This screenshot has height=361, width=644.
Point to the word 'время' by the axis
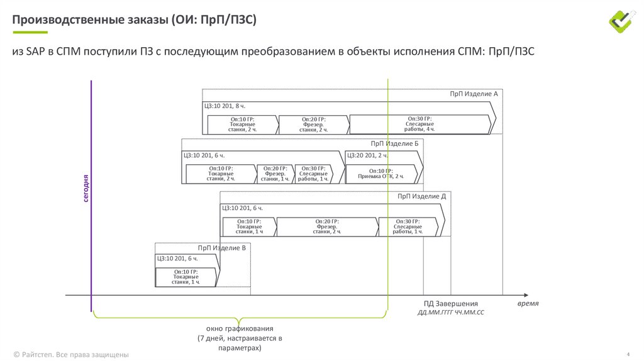(x=528, y=303)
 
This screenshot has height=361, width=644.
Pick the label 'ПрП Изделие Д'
(x=421, y=197)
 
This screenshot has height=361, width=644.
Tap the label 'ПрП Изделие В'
(x=221, y=248)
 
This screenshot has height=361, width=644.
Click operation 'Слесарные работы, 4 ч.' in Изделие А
(x=419, y=124)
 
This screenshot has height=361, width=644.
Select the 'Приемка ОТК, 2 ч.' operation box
(x=380, y=174)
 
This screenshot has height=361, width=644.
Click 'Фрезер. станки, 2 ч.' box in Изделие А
(x=313, y=124)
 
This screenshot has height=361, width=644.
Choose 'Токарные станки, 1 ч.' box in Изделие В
(x=185, y=277)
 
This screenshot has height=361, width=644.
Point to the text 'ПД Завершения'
(x=450, y=304)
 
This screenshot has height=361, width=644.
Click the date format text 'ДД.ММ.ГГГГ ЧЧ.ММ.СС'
(x=450, y=313)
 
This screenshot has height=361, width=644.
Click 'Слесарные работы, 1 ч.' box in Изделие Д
(x=408, y=226)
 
